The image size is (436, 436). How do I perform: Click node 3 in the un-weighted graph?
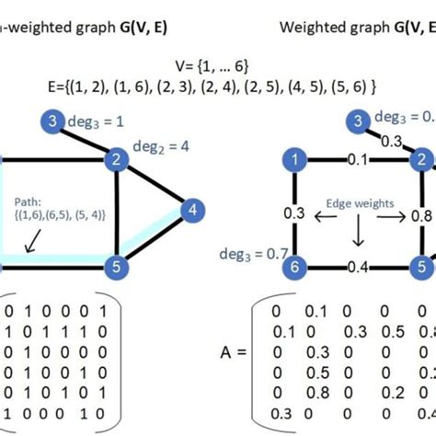[54, 121]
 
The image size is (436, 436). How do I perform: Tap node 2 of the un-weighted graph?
[115, 160]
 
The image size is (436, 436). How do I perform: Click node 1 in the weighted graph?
[294, 160]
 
